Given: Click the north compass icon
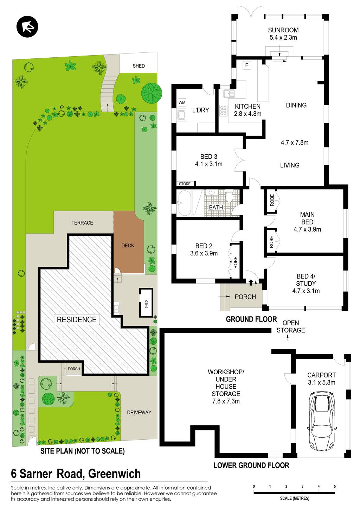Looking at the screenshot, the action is click(27, 26).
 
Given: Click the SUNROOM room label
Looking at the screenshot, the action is click(283, 30).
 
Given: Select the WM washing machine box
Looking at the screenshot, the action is click(182, 102).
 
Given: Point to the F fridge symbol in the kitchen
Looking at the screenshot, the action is click(246, 65).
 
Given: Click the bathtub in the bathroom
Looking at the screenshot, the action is click(184, 203).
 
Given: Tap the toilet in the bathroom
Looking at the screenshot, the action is click(229, 197).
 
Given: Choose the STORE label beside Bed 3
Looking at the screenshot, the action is click(185, 184).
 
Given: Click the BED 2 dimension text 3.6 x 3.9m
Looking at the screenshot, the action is click(204, 253).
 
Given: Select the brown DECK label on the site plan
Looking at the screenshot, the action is click(128, 246).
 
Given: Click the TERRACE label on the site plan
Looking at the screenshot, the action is click(82, 223).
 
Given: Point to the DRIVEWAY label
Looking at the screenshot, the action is click(139, 412).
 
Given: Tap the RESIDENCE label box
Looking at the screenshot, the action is click(76, 319).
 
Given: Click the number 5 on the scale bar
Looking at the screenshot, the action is click(335, 486).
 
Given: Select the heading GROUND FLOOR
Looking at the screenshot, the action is click(251, 319).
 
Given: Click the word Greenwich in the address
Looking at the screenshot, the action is click(115, 474).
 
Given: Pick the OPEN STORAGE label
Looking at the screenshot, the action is click(291, 326).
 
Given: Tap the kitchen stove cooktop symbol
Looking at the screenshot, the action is click(223, 110).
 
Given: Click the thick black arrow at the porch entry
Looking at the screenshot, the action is click(251, 282).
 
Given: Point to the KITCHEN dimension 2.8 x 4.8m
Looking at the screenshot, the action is click(247, 114).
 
